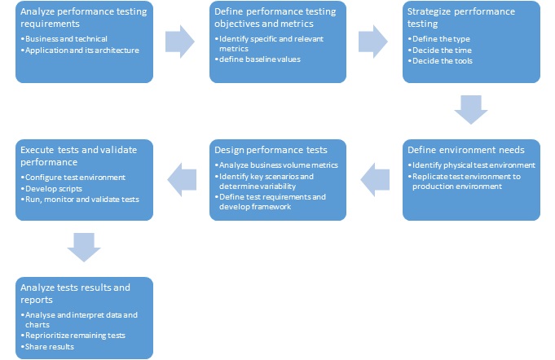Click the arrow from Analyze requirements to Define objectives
point(180,42)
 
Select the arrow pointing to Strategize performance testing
point(373,42)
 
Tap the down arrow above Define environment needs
point(471,110)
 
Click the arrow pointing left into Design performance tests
point(375,180)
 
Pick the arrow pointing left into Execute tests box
point(182,180)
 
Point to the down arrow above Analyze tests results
point(84,247)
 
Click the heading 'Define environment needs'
point(466,150)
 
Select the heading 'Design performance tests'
point(271,150)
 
